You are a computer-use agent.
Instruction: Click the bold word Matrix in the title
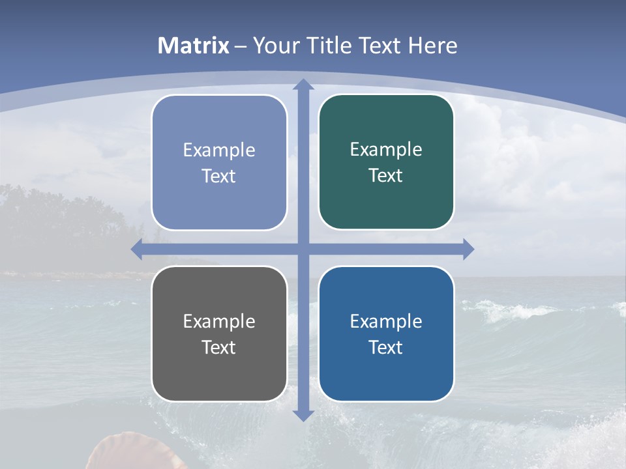194,46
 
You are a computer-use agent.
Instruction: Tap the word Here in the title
432,46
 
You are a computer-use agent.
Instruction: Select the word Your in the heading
275,46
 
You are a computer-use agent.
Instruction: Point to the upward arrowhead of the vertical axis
303,85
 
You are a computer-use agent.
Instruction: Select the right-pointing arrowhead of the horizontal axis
468,249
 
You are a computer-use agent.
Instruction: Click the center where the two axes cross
303,249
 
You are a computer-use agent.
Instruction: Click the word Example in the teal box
386,150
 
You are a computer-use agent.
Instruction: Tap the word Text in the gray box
218,347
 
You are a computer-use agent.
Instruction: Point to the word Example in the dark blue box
386,321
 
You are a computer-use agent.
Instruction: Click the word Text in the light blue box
218,177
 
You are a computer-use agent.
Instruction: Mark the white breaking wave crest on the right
515,309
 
